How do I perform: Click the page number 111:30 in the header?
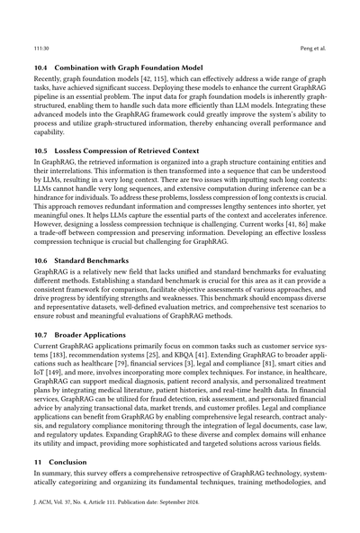point(40,41)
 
